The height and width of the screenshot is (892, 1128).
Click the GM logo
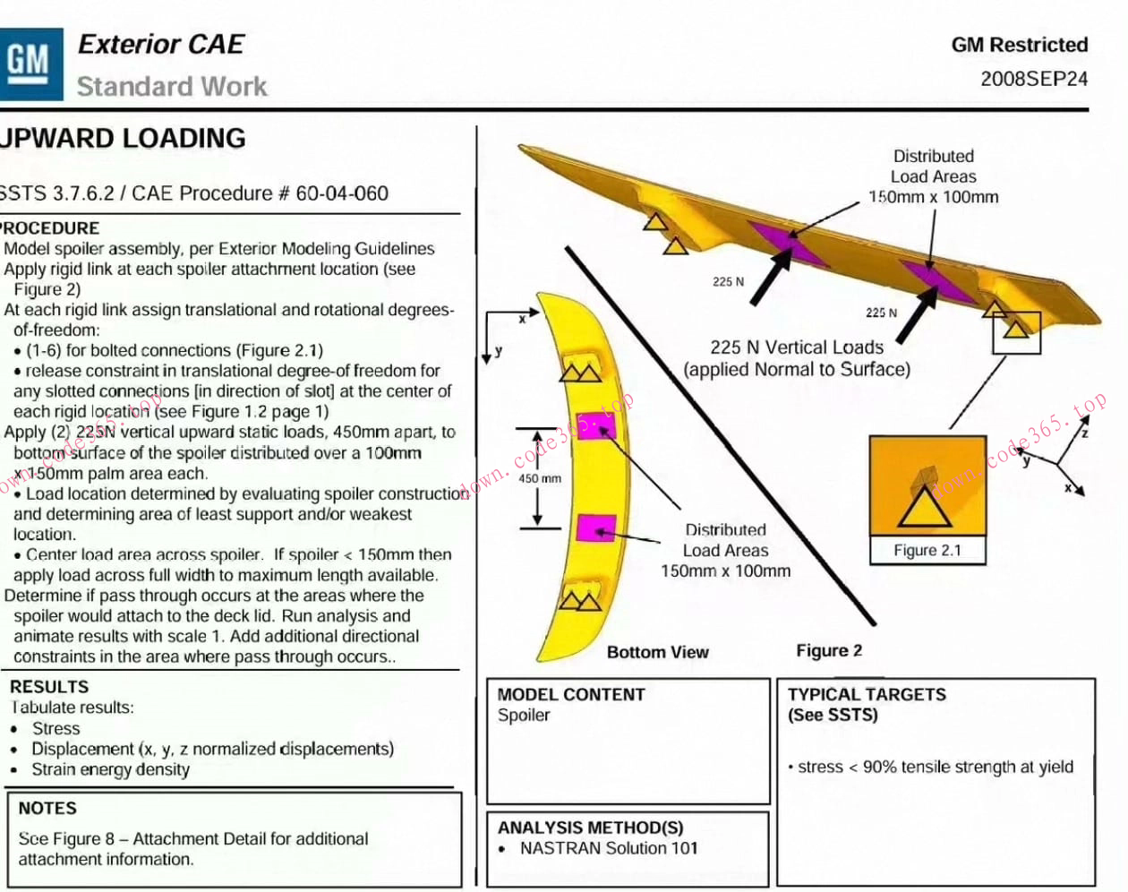point(30,63)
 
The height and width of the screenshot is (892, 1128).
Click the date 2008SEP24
point(1034,79)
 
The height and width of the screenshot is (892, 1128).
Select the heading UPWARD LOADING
point(123,139)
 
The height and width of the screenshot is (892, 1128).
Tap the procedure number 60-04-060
point(342,193)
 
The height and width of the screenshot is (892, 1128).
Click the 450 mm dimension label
point(540,478)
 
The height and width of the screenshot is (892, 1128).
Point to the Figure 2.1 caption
point(927,551)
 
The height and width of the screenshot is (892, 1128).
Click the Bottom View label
point(657,652)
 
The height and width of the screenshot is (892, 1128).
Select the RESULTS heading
point(49,687)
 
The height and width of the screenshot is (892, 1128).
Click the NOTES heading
point(47,808)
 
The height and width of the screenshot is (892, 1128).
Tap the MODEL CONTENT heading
point(570,694)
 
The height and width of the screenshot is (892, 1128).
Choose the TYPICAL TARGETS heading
point(867,694)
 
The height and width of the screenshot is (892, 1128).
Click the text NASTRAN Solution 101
point(609,848)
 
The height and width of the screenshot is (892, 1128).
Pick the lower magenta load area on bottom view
point(595,528)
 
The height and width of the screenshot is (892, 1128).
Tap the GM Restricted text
point(1020,45)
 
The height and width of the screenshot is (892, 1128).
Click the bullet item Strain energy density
point(110,769)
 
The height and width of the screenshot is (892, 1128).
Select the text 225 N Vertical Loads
point(797,347)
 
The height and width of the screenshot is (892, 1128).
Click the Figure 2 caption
point(829,650)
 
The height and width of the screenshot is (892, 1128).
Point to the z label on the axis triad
point(1084,433)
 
